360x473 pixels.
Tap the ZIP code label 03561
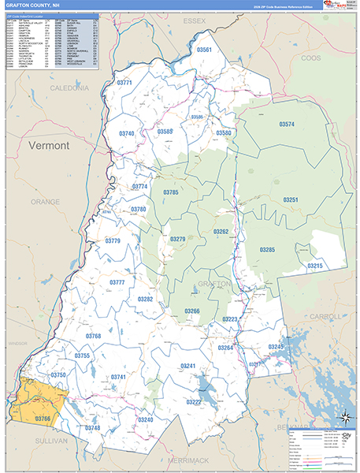click(x=204, y=50)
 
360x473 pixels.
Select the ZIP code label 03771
click(x=124, y=82)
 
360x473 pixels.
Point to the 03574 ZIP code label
click(x=287, y=125)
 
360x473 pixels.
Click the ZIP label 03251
click(x=291, y=200)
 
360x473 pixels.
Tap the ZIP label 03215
click(x=315, y=266)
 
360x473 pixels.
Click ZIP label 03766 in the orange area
click(x=43, y=418)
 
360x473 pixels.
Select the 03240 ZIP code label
click(x=146, y=419)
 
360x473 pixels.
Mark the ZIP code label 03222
click(x=194, y=402)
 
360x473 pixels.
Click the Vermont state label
click(x=49, y=146)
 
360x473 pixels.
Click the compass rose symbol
click(x=345, y=417)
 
